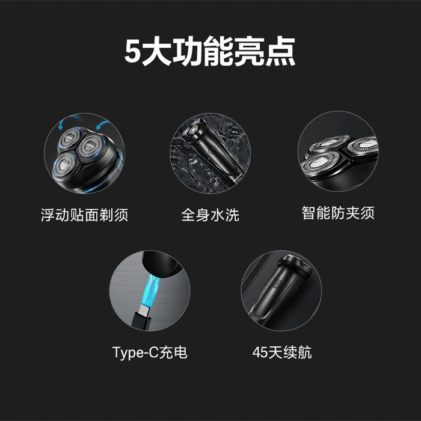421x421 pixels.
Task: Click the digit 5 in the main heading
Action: (133, 51)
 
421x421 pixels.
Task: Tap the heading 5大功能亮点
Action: (210, 51)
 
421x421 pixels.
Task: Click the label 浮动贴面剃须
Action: (85, 215)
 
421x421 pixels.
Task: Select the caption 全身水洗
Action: (210, 215)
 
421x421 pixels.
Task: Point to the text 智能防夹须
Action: (338, 213)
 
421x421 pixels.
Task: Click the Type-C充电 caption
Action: (150, 352)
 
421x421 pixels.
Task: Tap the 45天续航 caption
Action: (282, 352)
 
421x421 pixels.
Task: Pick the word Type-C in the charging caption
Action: (135, 352)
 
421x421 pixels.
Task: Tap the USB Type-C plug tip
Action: (144, 311)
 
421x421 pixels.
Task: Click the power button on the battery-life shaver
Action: (278, 283)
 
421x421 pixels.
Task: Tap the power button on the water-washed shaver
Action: (211, 150)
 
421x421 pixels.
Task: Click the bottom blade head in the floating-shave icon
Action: (64, 165)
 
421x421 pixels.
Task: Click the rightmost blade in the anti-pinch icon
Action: (363, 146)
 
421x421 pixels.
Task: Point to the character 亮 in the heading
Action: (249, 51)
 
